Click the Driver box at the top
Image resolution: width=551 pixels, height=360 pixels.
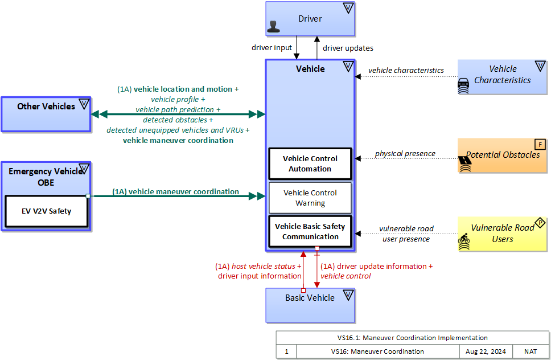[x=310, y=19]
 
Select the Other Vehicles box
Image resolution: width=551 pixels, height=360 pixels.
[x=46, y=114]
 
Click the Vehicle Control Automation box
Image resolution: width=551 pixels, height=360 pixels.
[x=310, y=163]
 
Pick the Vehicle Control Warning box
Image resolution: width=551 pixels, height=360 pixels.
[x=310, y=198]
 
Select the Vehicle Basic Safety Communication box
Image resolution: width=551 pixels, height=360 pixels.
[x=310, y=231]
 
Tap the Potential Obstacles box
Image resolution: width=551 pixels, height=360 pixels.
[x=503, y=155]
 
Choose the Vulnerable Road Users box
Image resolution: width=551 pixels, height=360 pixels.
[x=503, y=234]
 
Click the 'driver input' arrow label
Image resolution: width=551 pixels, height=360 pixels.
[x=272, y=48]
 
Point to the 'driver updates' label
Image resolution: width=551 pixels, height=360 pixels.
[x=348, y=48]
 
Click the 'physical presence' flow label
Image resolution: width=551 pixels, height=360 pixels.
[x=405, y=153]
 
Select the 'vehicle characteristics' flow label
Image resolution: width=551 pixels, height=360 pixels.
[x=406, y=70]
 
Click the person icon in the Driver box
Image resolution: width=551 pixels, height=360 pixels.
[x=274, y=27]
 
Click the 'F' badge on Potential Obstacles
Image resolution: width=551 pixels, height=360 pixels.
[x=540, y=144]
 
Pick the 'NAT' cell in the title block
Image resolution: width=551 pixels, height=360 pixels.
[x=530, y=351]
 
